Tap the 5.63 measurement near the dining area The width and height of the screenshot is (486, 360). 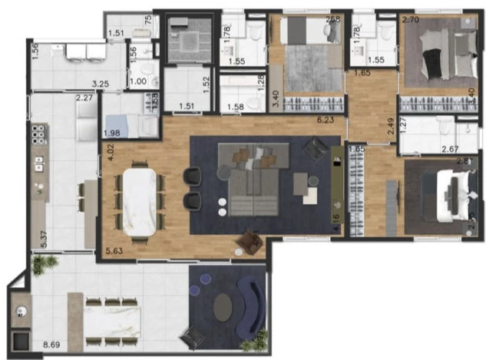click(x=115, y=249)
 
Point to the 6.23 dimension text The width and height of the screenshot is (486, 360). click(x=318, y=121)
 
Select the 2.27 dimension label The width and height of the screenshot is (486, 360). click(x=84, y=97)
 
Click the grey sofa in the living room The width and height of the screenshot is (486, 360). click(x=250, y=188)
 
